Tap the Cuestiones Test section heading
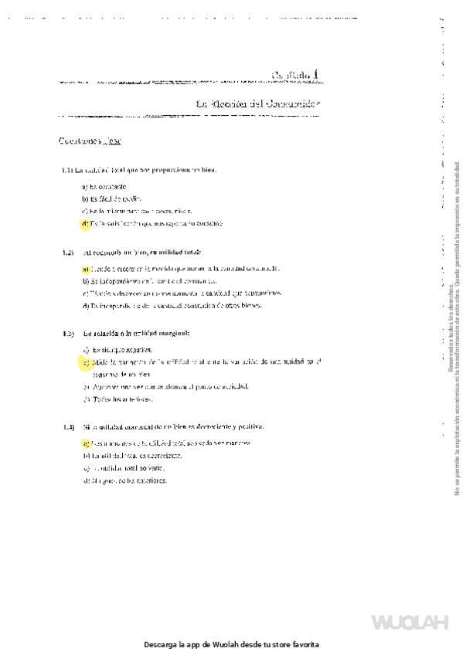89,141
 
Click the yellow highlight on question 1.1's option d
84,224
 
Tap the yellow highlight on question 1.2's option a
84,269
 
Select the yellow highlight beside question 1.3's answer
85,361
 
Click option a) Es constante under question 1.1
104,187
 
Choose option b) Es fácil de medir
111,199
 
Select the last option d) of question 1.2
172,305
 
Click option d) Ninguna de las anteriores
124,480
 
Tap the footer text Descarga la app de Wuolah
231,644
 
